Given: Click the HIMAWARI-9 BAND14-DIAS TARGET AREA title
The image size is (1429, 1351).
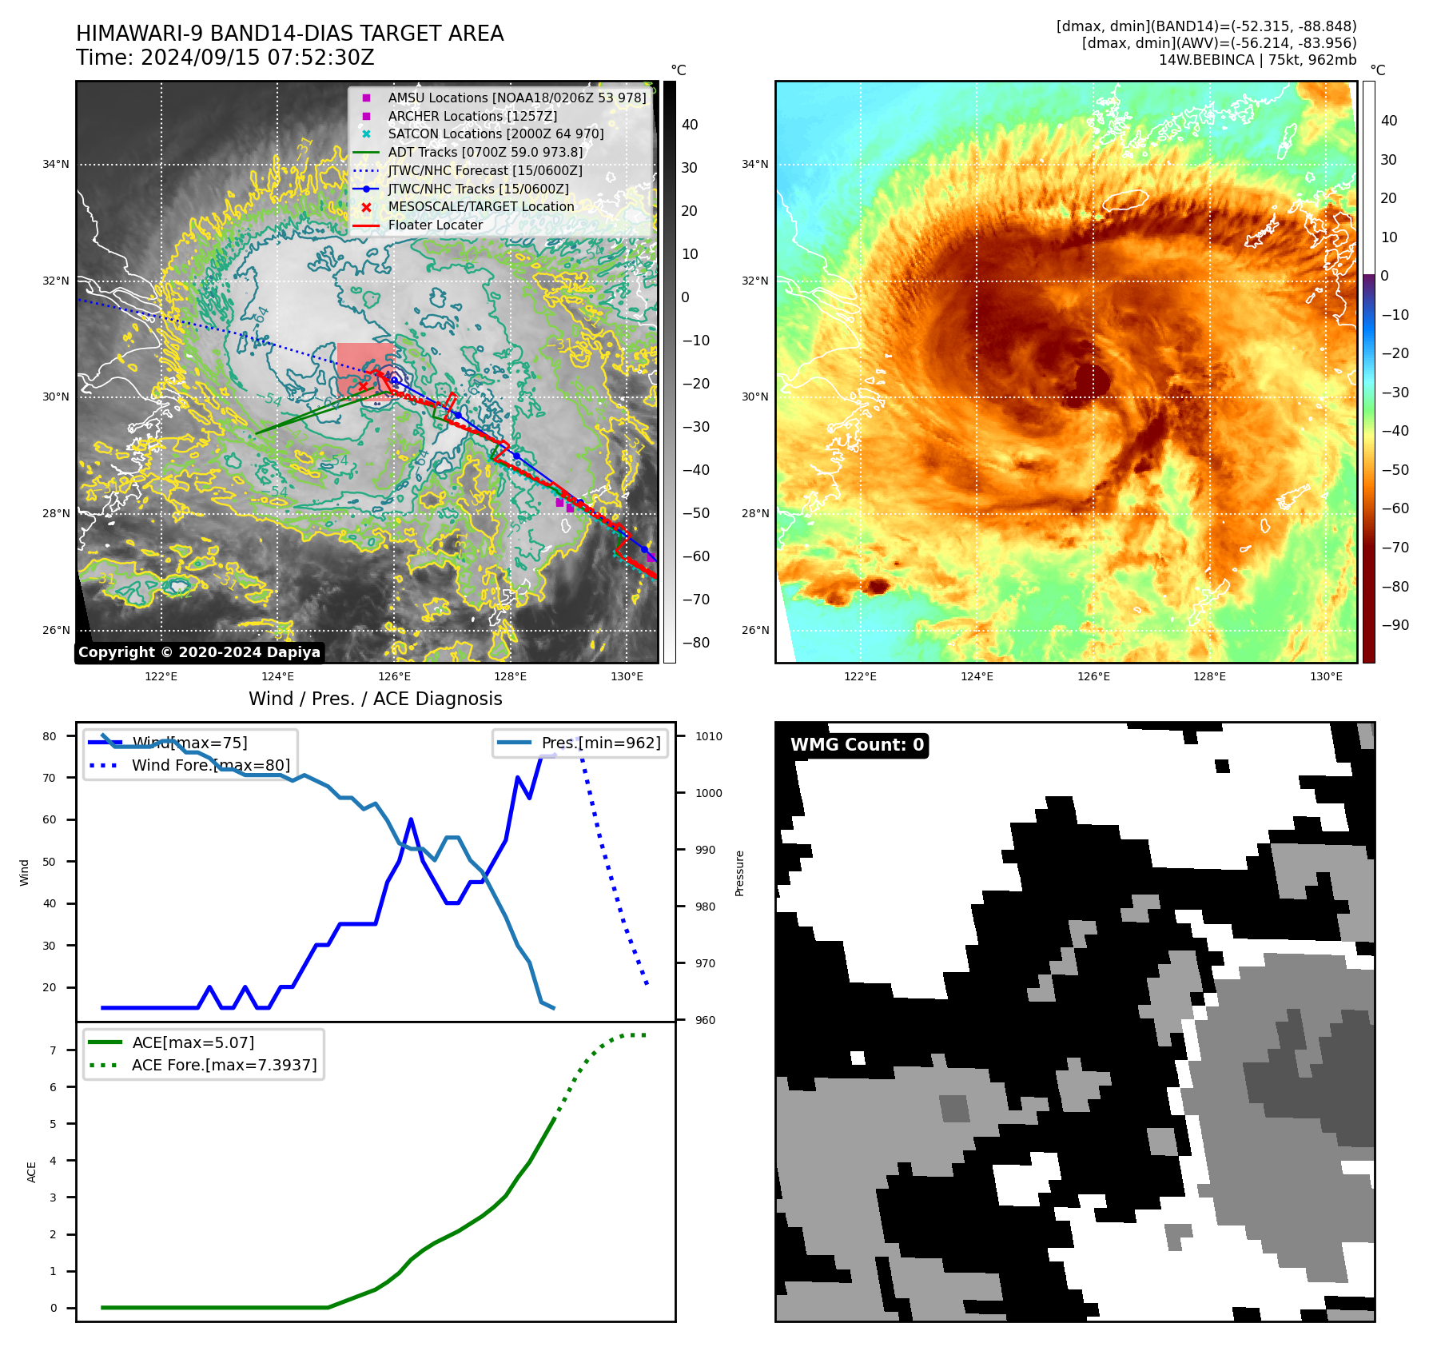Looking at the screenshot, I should pos(289,34).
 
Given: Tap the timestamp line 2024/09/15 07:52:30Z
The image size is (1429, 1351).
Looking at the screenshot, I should pos(225,58).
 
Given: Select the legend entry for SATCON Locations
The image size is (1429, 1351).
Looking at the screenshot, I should pos(496,134).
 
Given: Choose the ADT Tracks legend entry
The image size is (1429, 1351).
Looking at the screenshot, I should pos(485,152).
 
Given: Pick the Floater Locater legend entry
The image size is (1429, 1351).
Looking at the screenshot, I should pos(435,225).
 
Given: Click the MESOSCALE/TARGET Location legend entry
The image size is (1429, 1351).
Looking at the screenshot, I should pos(480,206).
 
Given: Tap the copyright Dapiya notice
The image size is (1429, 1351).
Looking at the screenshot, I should pos(199,652).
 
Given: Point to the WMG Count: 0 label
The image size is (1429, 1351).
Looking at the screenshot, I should pos(857,745).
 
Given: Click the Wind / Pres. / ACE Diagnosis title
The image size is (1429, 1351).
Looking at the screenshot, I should pos(375,699).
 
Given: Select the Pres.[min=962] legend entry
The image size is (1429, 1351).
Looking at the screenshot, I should pos(601,743).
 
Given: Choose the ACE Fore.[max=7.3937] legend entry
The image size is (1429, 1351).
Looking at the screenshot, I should pos(224,1065).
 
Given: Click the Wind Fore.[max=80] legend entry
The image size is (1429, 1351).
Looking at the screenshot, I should pos(210,765).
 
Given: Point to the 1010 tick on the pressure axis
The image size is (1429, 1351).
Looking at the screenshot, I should pos(708,736).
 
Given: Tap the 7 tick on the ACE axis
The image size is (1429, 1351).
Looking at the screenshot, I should pos(54,1050).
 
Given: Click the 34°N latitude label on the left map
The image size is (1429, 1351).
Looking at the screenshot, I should pos(56,165).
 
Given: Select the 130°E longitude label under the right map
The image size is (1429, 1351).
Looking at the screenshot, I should pos(1326,676).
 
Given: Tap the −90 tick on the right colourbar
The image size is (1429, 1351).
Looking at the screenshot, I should pos(1395,625).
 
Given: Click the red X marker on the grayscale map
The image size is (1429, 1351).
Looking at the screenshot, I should pos(364,387).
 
